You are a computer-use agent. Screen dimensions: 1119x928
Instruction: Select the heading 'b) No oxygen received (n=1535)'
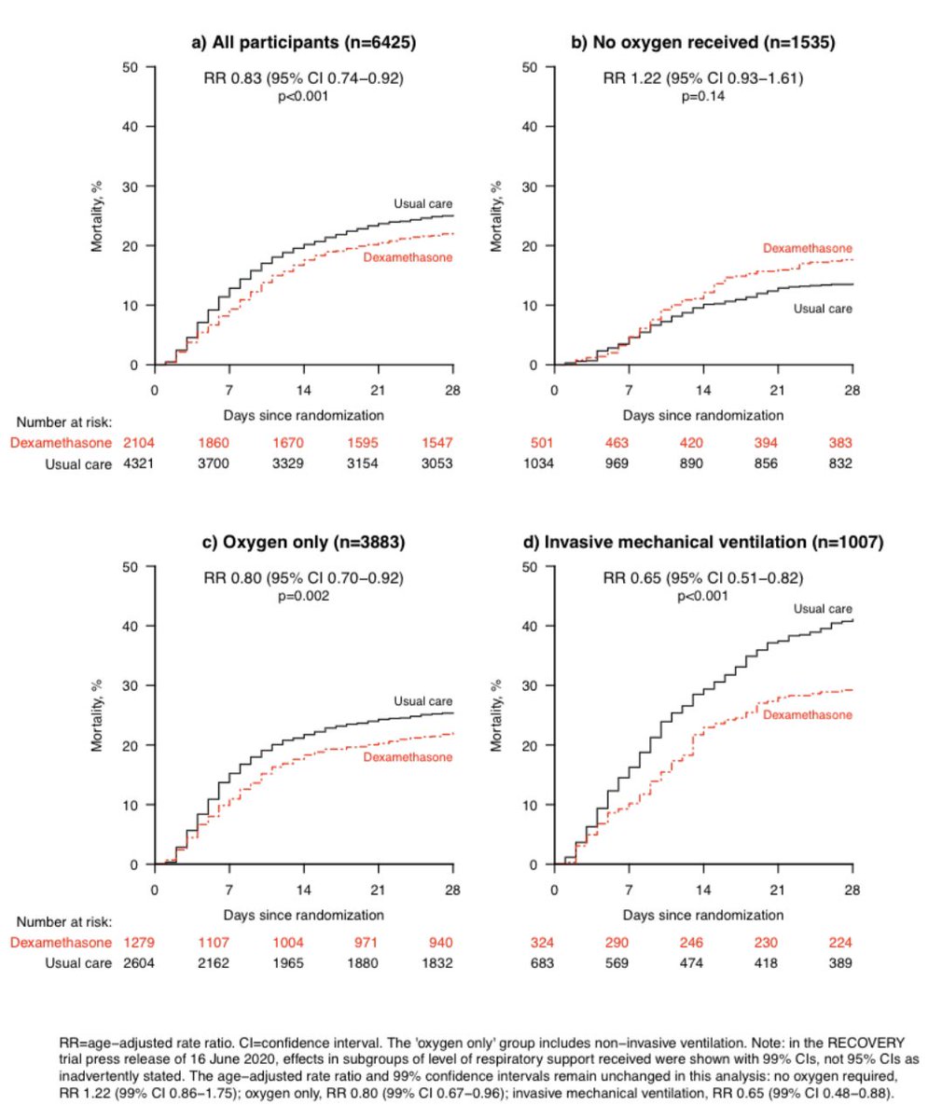coord(702,42)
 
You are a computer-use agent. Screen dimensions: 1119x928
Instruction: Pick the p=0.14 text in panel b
coord(702,95)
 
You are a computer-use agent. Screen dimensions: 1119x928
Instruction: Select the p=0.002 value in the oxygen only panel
coord(303,596)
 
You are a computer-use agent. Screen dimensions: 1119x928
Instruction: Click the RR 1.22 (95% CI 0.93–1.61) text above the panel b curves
coord(702,78)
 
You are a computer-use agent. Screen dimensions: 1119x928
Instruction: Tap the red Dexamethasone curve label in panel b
coord(807,249)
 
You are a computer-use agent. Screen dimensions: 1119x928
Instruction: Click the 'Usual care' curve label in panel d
coord(822,608)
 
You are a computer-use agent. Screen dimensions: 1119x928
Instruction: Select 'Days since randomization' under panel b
coord(704,414)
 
